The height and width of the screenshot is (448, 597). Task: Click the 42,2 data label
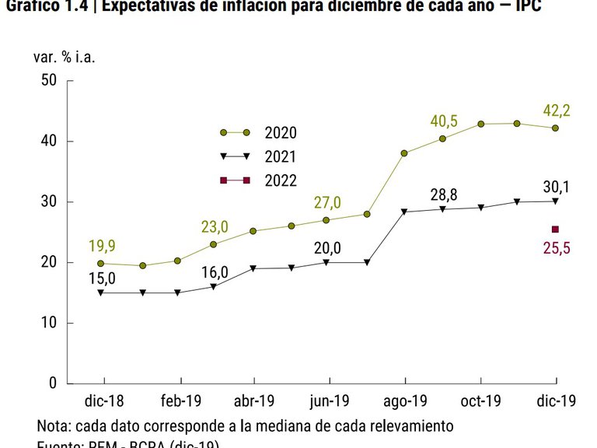(x=556, y=110)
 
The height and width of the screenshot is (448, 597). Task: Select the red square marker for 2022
(x=555, y=229)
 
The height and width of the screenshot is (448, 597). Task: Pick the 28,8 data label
(x=443, y=193)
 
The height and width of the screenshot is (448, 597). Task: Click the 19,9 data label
(x=102, y=247)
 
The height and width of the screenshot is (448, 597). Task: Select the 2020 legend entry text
(x=281, y=133)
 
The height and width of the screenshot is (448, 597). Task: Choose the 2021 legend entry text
(x=281, y=157)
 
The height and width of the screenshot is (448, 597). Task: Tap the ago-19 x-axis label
(x=405, y=402)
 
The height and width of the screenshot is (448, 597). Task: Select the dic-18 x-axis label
(x=104, y=402)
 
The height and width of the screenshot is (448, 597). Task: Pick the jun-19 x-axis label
(x=330, y=402)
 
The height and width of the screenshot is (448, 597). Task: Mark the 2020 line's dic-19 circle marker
(x=555, y=128)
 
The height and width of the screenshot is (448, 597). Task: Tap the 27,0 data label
(x=328, y=203)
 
